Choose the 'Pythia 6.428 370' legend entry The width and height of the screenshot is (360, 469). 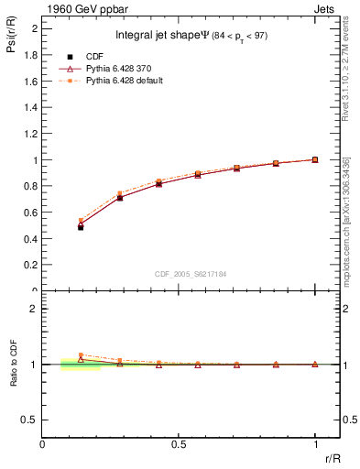(124, 68)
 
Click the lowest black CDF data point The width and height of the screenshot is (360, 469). (81, 227)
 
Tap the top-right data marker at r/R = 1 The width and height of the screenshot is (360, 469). (315, 159)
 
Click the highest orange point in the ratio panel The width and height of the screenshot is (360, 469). (81, 354)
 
